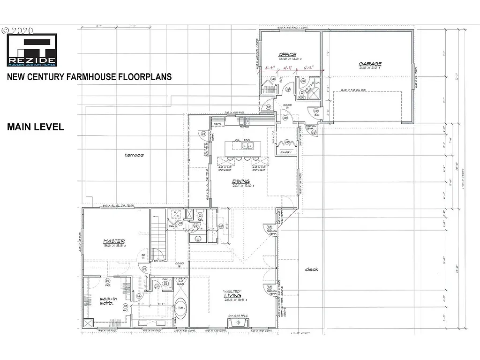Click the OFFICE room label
click(x=287, y=55)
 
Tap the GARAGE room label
click(x=370, y=64)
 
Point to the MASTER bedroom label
click(x=114, y=241)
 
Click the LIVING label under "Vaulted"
click(x=232, y=296)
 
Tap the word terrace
click(x=134, y=155)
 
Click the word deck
click(x=311, y=270)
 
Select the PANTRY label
click(x=285, y=152)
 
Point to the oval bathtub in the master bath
click(x=181, y=310)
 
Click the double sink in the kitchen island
click(x=247, y=146)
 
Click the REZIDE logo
click(x=32, y=50)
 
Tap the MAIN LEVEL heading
click(x=36, y=127)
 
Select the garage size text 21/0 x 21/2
click(x=370, y=68)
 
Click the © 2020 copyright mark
click(x=17, y=30)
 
